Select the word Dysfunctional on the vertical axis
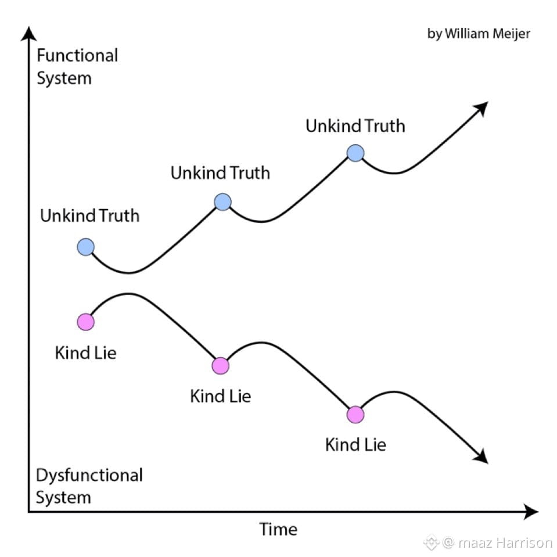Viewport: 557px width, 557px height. point(89,475)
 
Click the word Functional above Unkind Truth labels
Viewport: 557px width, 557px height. point(77,55)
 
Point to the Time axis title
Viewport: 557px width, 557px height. point(278,529)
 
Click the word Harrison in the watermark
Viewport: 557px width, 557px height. point(524,543)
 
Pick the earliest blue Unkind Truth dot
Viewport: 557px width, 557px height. point(85,247)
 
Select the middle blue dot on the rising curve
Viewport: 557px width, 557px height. point(222,202)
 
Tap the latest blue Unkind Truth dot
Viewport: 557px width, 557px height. point(355,153)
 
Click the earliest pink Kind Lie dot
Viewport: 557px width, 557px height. point(85,322)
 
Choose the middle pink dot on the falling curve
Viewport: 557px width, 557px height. point(220,365)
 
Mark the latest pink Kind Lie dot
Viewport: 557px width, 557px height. point(355,414)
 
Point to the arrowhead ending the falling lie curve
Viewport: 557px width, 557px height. point(481,456)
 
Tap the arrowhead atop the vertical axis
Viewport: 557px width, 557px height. point(29,34)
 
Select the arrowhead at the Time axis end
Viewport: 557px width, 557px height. point(531,512)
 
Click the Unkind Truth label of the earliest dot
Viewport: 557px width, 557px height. point(89,215)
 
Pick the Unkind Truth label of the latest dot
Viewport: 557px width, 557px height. point(355,126)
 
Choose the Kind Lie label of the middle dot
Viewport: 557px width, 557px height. point(220,396)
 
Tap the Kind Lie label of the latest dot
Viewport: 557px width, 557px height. point(355,445)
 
